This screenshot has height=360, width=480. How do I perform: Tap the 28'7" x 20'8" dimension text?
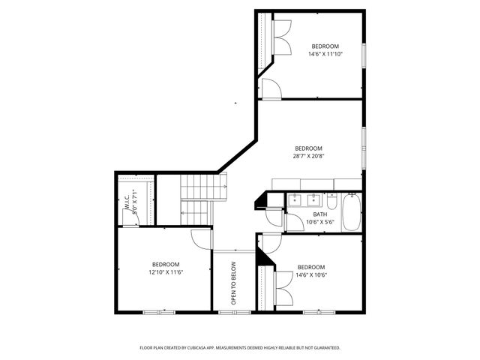coord(308,157)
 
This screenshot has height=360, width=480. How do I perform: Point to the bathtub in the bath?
coord(351,214)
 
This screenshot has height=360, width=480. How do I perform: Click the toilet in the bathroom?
coord(331,200)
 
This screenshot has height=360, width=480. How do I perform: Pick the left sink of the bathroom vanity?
coord(296,200)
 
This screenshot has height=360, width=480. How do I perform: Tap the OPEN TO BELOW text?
coord(233,283)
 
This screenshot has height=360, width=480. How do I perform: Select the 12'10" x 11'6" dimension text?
coord(166,272)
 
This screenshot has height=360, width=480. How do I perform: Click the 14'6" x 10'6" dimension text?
coord(310,275)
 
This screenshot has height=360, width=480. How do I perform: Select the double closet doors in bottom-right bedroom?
coord(283,289)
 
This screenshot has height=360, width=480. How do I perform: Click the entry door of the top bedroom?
coord(271,87)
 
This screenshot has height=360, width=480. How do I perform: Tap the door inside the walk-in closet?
coord(132,217)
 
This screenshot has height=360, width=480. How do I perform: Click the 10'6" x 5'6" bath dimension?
coord(319,222)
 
